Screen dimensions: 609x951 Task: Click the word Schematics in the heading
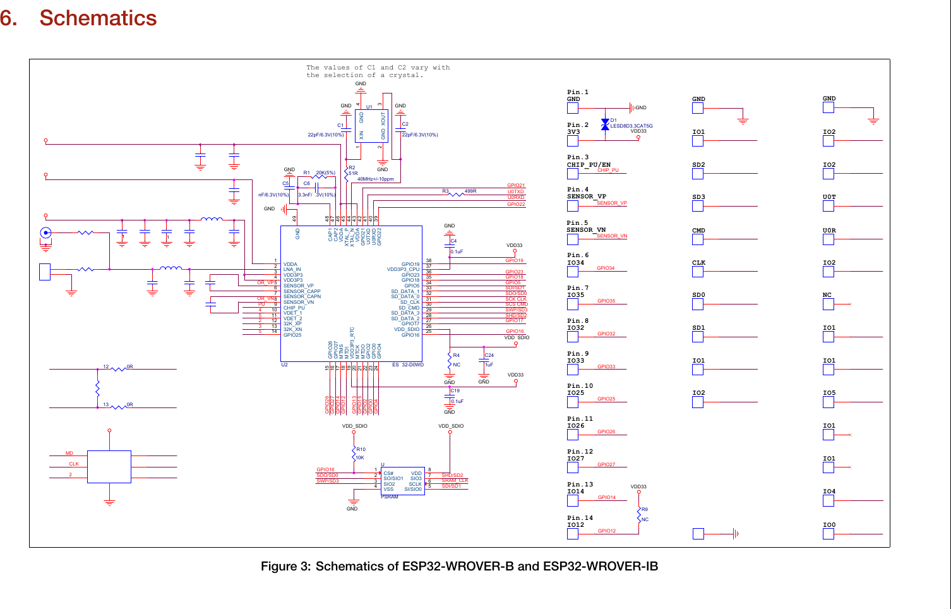pos(98,18)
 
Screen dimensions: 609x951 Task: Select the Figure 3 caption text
pos(459,566)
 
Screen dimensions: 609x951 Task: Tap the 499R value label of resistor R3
pos(470,191)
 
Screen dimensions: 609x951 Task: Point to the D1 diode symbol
pos(605,124)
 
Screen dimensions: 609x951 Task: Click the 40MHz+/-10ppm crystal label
pos(375,179)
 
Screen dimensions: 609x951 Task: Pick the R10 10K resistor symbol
pos(354,454)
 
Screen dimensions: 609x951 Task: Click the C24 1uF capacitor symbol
pos(484,360)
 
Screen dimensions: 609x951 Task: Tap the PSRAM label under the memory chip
pos(390,497)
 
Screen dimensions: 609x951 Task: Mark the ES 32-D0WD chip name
pos(408,365)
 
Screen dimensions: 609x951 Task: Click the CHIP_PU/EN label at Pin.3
pos(589,165)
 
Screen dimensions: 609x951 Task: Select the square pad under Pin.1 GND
pos(573,108)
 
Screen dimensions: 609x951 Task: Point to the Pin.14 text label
pos(580,517)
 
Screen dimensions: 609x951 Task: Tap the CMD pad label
pos(698,231)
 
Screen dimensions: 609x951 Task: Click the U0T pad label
pos(829,197)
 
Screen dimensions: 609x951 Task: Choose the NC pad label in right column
pos(827,295)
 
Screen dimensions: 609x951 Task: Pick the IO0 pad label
pos(829,525)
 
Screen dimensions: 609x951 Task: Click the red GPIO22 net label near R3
pos(516,204)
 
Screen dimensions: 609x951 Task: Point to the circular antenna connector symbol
pos(45,233)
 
